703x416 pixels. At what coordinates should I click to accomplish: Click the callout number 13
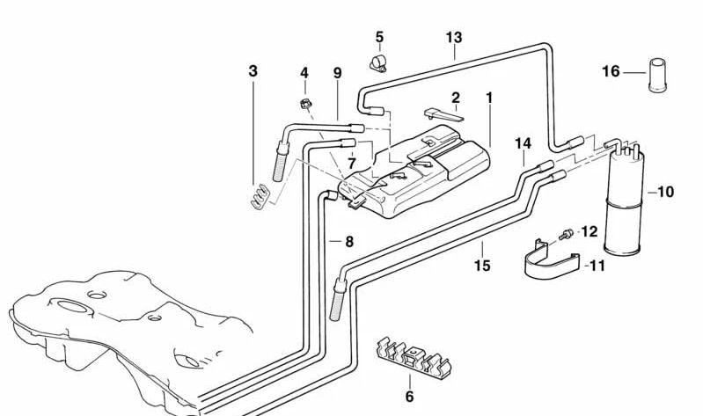[x=453, y=38]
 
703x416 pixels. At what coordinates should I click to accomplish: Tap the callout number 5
[x=379, y=37]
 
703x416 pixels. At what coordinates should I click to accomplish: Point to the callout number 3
[x=253, y=70]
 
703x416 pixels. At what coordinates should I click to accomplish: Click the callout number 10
[x=665, y=192]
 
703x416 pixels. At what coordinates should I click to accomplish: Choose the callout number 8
[x=348, y=241]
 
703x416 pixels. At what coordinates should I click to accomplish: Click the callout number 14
[x=523, y=142]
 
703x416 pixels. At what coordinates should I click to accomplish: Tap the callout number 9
[x=337, y=73]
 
